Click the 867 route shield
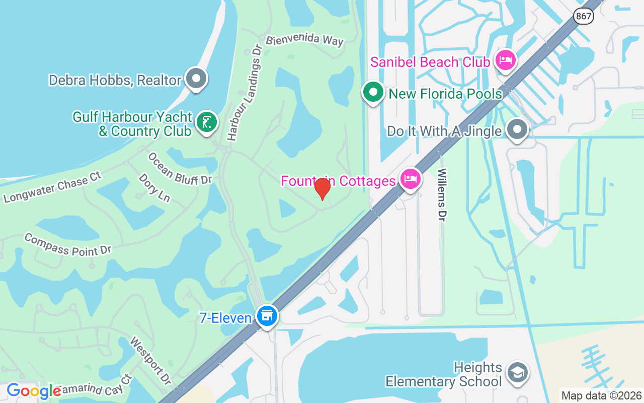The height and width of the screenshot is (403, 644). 584,16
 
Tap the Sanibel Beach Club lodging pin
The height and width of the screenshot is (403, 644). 505,60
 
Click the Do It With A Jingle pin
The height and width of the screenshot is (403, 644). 517,129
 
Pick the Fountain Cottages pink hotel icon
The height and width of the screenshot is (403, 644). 410,179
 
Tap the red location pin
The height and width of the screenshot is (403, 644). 322,188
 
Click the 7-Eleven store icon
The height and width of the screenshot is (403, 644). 267,316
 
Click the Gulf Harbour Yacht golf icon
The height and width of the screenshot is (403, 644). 206,122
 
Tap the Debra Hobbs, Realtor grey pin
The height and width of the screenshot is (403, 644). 196,79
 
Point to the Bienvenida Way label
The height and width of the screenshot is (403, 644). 304,40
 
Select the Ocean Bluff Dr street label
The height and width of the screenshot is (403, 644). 180,168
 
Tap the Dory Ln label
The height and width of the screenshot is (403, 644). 154,187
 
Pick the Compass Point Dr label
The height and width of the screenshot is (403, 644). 67,244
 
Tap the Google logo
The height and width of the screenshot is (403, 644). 33,391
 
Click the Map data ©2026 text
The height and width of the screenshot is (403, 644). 601,396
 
